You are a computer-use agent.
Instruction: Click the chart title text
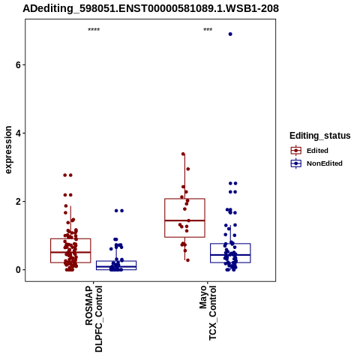coord(151,8)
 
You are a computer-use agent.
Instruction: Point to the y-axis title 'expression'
coord(8,150)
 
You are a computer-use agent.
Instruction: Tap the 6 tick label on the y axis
coord(18,64)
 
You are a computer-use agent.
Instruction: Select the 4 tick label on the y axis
coord(18,133)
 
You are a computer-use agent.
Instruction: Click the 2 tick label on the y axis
coord(18,201)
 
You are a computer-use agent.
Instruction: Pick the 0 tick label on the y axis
coord(18,270)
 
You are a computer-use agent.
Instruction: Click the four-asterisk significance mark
coord(94,29)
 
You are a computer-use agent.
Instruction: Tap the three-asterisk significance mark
coord(208,29)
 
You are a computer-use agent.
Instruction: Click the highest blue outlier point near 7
coord(230,34)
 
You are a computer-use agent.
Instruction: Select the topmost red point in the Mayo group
coord(183,154)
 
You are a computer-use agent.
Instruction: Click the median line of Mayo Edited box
coord(184,220)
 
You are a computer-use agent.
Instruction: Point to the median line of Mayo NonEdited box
coord(230,255)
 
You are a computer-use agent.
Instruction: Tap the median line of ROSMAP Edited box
coord(70,252)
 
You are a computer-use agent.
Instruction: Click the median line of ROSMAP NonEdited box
coord(116,266)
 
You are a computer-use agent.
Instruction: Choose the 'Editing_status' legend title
coord(320,136)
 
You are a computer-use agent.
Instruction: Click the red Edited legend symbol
coord(296,151)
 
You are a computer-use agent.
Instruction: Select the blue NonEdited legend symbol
coord(296,163)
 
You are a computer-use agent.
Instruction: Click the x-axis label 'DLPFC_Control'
coord(99,319)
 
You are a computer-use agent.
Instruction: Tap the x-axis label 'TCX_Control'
coord(212,313)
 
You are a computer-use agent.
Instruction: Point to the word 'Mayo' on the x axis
coord(203,298)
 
